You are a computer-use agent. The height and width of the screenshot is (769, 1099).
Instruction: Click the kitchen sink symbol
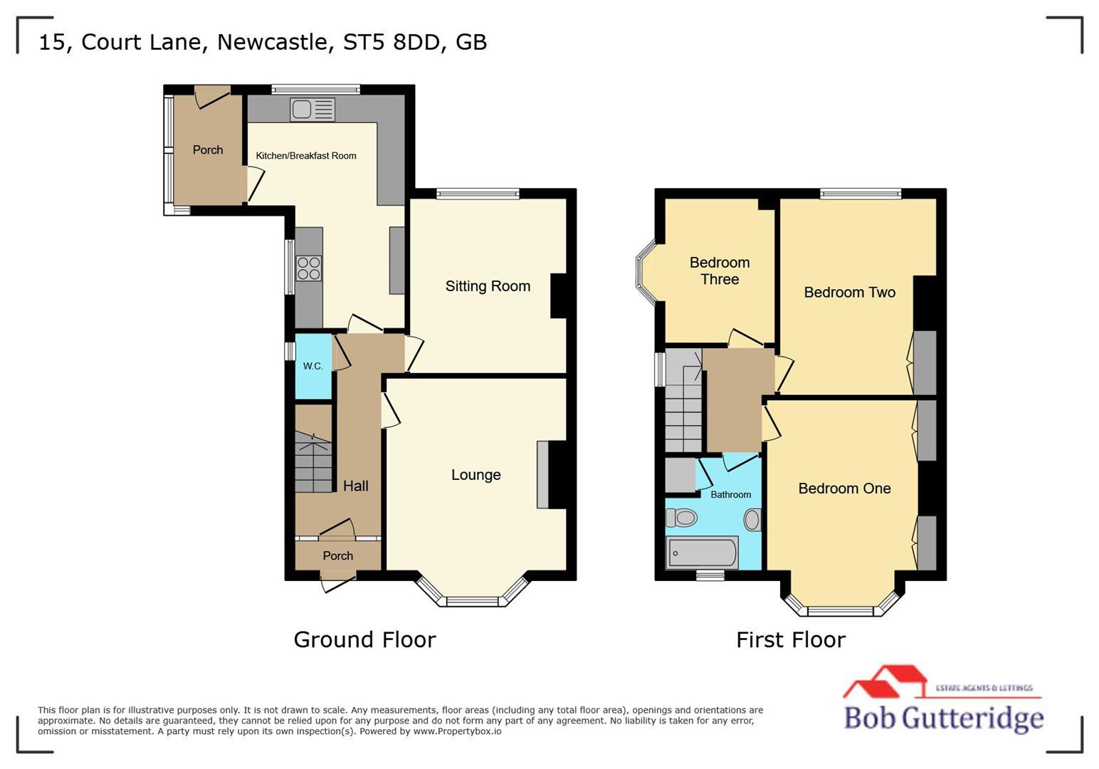point(312,110)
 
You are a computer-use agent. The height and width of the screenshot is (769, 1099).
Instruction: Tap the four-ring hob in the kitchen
point(309,268)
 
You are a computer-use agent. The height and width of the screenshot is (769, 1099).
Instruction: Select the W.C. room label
point(312,366)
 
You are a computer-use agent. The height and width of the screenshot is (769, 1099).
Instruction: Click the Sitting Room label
point(488,286)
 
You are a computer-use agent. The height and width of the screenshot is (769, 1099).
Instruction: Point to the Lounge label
point(475,475)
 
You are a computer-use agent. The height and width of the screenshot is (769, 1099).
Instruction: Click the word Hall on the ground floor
point(355,486)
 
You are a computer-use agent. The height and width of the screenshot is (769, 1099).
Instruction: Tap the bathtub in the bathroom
point(702,553)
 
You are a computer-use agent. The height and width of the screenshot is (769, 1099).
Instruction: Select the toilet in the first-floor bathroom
point(682,518)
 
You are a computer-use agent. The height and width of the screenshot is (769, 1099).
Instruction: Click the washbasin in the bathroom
point(752,520)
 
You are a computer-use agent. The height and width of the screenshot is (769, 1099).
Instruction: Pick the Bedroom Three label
point(719,271)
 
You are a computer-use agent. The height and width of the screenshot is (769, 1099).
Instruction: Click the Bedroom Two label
point(849,293)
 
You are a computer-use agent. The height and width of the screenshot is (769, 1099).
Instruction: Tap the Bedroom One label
point(844,488)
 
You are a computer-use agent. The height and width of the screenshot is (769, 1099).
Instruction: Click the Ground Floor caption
point(364,639)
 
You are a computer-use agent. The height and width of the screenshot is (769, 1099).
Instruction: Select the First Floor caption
point(790,639)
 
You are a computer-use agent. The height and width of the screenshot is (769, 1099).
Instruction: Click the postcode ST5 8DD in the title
point(391,42)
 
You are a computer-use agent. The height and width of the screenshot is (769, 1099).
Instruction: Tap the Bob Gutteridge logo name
point(943,718)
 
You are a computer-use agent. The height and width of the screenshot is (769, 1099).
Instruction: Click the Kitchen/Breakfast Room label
point(306,156)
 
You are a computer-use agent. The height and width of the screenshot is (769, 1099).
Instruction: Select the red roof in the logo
point(887,680)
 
